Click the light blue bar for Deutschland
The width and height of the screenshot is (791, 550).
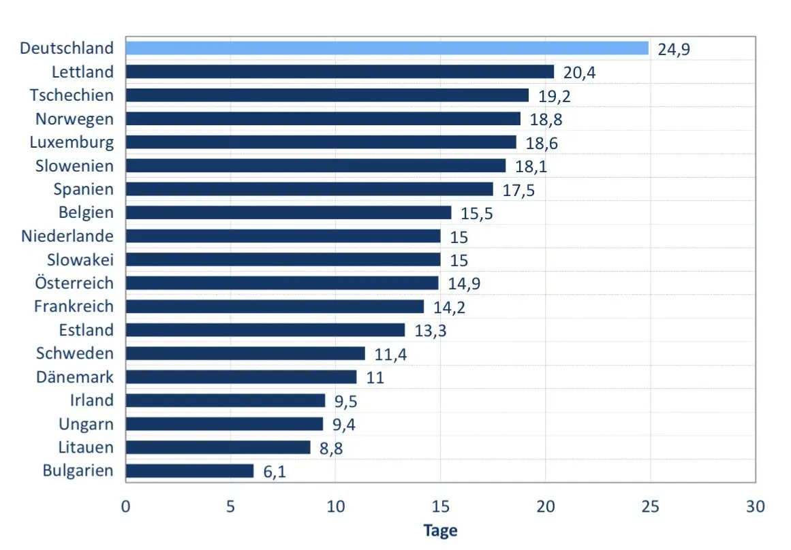click(387, 48)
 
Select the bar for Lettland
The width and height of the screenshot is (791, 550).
click(340, 71)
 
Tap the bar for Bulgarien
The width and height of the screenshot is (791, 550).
click(189, 471)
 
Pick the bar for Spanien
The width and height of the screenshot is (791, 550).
click(309, 189)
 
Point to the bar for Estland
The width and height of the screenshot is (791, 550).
click(265, 330)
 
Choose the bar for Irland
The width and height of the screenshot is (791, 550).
click(226, 400)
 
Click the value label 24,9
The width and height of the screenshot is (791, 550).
click(673, 50)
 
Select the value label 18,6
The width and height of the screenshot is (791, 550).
click(542, 143)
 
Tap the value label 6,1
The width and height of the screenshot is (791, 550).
click(275, 472)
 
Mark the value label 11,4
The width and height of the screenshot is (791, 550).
click(390, 355)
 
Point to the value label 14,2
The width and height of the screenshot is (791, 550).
click(449, 308)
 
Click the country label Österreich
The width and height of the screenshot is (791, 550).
click(74, 282)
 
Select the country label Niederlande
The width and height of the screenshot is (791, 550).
click(67, 236)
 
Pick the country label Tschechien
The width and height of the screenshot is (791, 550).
click(72, 95)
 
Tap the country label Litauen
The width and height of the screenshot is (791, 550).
click(86, 447)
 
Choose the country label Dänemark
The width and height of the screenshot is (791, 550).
click(75, 376)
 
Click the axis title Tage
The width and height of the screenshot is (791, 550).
click(440, 531)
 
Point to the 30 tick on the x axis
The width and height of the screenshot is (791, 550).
click(755, 506)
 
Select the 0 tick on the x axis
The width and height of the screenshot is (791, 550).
click(125, 506)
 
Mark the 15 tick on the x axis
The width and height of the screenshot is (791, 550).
click(440, 506)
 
